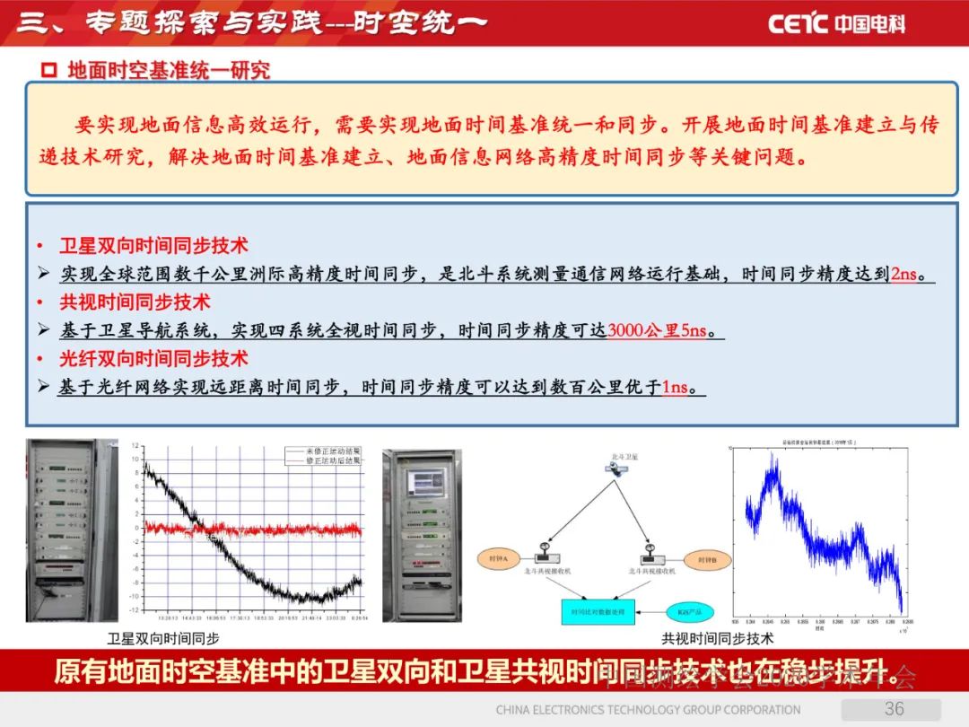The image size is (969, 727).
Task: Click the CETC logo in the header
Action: pos(836,23)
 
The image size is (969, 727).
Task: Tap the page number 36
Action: pos(894,709)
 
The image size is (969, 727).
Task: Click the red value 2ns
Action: pos(904,275)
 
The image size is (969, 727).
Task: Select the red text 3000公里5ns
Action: pos(657,331)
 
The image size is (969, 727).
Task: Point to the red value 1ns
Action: pos(675,388)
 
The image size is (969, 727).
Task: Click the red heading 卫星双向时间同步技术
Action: pos(153,246)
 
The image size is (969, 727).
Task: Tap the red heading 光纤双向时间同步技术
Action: pos(153,359)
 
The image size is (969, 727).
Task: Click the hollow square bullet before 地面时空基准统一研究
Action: pos(50,70)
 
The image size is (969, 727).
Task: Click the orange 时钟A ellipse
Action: pos(498,559)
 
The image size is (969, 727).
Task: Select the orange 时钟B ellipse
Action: pos(707,559)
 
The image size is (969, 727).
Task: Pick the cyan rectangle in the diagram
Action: pos(598,612)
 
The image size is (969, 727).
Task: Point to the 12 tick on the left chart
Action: pos(135,446)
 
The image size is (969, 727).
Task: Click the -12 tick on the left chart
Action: pos(134,609)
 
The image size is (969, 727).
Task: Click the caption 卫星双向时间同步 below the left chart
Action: pos(162,639)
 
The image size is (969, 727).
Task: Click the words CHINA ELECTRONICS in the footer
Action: pos(550,710)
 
